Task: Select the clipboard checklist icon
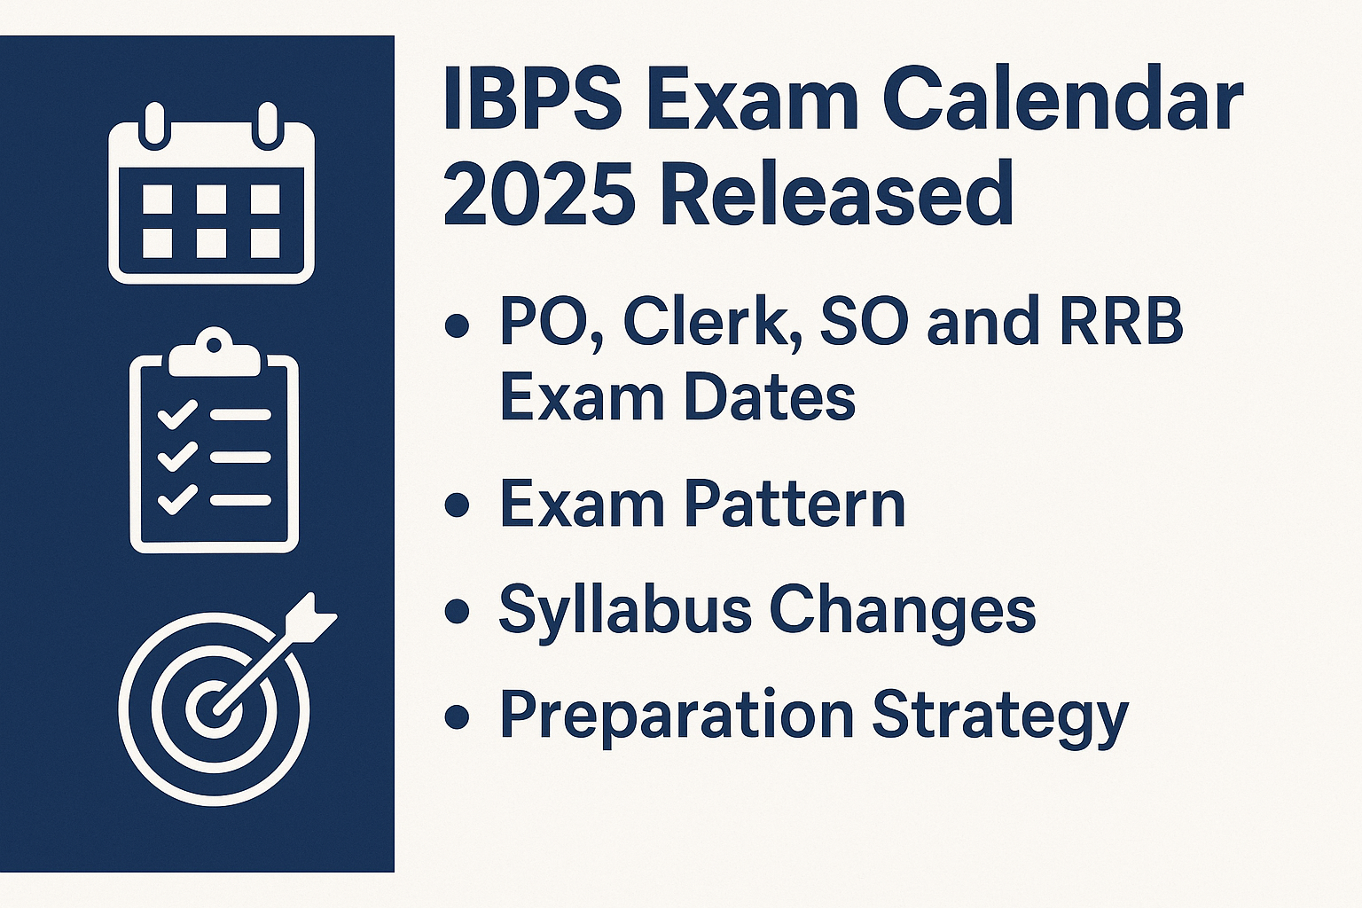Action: click(x=214, y=448)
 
